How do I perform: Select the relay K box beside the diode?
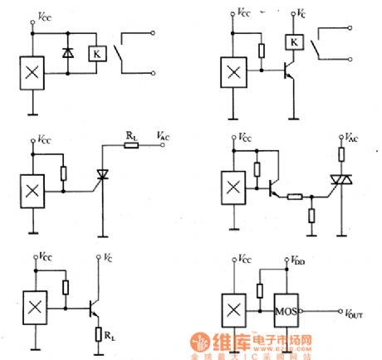click(98, 52)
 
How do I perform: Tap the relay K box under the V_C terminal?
click(293, 42)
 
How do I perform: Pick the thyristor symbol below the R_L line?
click(103, 175)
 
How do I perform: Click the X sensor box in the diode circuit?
click(32, 72)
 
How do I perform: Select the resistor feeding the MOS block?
click(260, 291)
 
